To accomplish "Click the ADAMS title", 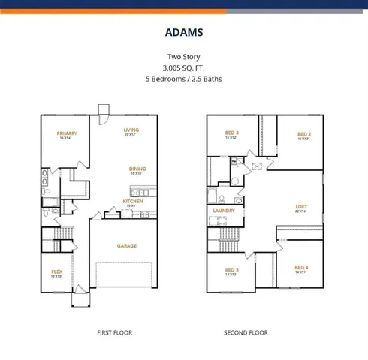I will [184, 33].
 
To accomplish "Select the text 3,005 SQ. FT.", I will [184, 67].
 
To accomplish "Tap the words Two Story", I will [184, 57].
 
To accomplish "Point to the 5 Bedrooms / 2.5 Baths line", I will [184, 78].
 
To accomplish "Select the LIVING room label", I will [131, 130].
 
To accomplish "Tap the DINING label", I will [137, 169].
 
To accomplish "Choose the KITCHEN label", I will [133, 201].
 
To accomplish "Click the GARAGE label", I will [126, 245].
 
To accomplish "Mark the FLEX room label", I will [56, 272].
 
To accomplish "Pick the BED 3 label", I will [231, 133].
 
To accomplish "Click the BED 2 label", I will [303, 134].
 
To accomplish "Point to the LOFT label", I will [302, 206].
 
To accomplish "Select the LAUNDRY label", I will [224, 211].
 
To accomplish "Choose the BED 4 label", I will [301, 268].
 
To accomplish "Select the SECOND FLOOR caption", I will [246, 332].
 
